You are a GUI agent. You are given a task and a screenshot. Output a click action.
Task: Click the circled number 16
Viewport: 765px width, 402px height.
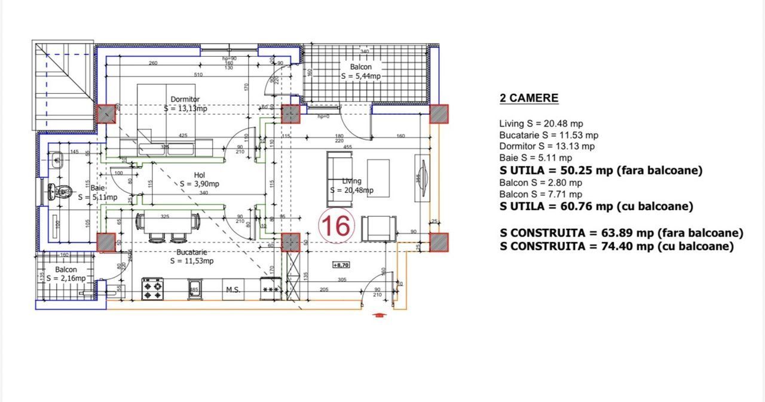[337, 226]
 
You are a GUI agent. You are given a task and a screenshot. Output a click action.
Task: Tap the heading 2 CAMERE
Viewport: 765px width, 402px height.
[528, 99]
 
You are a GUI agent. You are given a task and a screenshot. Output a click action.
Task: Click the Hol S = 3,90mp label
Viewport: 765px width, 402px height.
[200, 179]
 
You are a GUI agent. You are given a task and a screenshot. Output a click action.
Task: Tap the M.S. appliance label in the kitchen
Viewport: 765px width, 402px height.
[232, 290]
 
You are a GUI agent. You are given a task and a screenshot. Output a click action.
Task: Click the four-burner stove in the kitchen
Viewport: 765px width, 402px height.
[152, 289]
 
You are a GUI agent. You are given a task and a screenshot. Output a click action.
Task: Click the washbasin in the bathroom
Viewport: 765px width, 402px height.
[57, 159]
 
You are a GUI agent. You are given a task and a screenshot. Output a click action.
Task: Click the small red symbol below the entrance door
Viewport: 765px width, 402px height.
[378, 315]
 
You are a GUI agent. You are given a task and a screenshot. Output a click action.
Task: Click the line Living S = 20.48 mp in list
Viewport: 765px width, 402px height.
[541, 124]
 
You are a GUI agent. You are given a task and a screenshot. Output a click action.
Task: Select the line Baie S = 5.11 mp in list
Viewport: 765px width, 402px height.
[535, 158]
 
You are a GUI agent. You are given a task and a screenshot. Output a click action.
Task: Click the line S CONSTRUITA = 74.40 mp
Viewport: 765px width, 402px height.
[617, 247]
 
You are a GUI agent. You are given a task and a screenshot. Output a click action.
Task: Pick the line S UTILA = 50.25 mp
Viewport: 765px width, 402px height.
[601, 170]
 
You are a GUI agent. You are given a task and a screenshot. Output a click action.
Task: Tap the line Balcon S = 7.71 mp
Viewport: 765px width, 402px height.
[540, 194]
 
